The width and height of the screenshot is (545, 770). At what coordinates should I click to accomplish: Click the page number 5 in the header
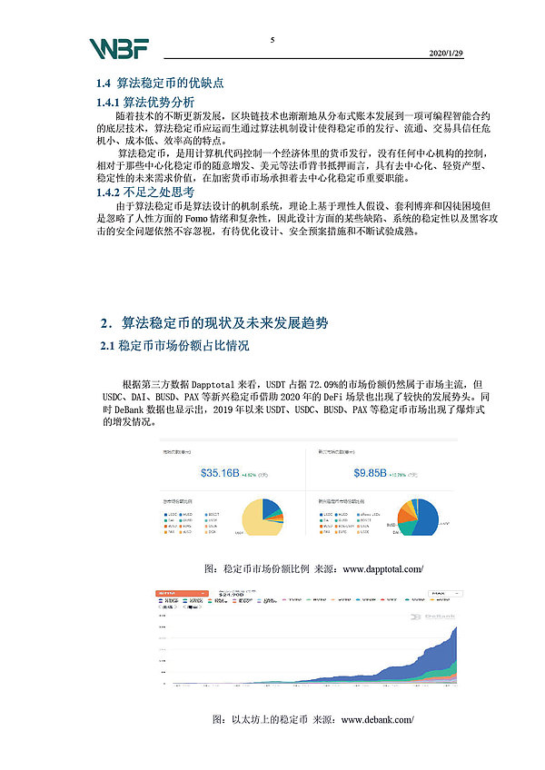click(x=272, y=40)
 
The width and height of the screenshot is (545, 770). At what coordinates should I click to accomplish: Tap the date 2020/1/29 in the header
click(x=445, y=54)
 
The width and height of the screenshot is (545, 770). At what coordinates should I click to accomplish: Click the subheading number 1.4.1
click(x=113, y=102)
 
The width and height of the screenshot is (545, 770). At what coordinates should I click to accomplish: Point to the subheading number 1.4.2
click(x=113, y=192)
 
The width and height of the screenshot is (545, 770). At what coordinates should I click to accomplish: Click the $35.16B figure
click(x=219, y=473)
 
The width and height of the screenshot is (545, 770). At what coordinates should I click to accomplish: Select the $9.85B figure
click(x=371, y=473)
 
